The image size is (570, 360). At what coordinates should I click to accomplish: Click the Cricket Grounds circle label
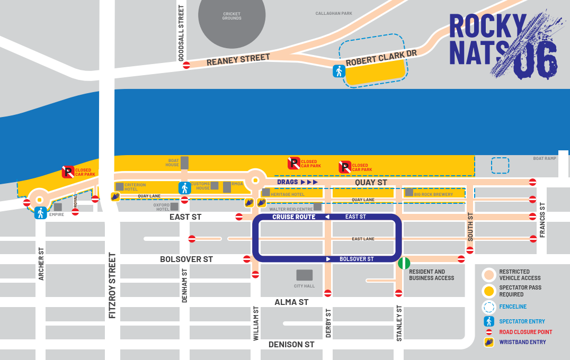tap(231, 16)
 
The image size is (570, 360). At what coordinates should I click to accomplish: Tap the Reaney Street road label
tap(238, 59)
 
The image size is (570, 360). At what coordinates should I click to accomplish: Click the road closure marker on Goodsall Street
tap(186, 65)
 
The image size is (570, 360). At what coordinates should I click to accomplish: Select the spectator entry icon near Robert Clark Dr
tap(339, 71)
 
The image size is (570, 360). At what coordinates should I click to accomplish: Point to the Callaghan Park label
tap(334, 14)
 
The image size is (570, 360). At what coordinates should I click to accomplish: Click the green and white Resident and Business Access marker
tap(404, 263)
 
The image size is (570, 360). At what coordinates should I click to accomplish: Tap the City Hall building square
tap(304, 275)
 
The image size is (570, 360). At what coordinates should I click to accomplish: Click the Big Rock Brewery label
tap(433, 194)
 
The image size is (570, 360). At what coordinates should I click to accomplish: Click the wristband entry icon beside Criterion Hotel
tap(115, 196)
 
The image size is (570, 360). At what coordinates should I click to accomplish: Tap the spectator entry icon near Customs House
tap(184, 188)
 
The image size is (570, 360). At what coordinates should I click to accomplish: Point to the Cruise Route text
tap(294, 217)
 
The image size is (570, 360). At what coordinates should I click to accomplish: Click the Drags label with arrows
tap(297, 182)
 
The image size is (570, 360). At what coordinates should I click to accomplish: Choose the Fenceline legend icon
tap(489, 307)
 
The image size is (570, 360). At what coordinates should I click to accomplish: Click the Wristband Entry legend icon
tap(489, 342)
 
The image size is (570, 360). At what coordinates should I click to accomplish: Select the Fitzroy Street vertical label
tap(112, 285)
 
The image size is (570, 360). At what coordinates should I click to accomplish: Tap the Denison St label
tap(291, 345)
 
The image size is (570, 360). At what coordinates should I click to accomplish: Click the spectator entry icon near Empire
tap(40, 213)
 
